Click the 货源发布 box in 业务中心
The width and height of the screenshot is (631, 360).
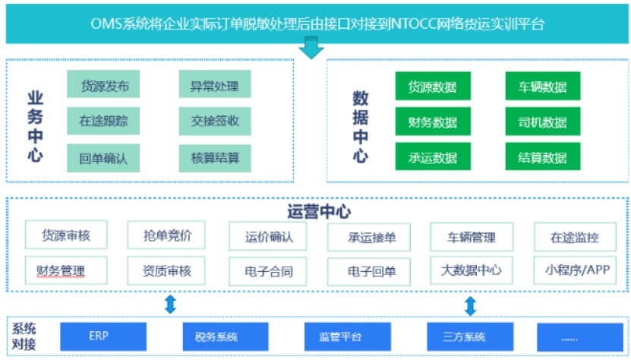pos(105,86)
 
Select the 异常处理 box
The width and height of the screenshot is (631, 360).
pos(215,86)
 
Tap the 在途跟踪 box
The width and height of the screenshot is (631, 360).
pos(105,122)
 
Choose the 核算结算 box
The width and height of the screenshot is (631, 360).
pos(215,158)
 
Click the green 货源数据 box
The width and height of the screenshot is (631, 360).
pos(433,87)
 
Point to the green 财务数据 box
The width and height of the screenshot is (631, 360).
pos(433,122)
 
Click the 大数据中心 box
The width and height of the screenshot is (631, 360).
pos(471,270)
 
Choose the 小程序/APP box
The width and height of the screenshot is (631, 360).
pos(575,270)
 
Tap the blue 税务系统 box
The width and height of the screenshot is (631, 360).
pos(216,336)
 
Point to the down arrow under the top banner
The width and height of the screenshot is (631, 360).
pos(311,50)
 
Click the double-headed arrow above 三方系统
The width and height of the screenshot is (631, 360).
pos(471,306)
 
